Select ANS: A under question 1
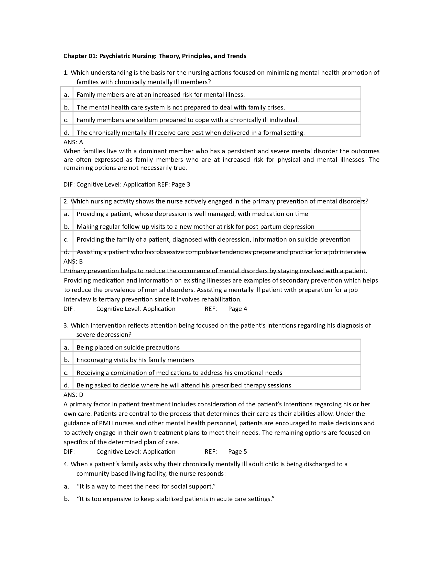point(73,142)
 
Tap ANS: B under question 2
point(73,261)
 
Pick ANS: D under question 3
point(73,395)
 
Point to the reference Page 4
point(237,309)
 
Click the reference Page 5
point(237,452)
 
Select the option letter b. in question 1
point(67,107)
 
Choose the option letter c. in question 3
point(67,373)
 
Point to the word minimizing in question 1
point(282,73)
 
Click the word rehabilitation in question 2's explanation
point(221,299)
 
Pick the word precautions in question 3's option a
point(162,348)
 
